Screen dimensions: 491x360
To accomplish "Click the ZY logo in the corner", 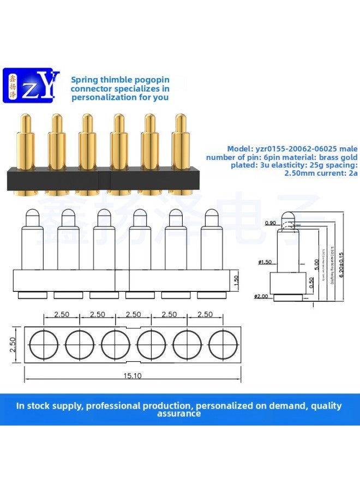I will [x=31, y=85].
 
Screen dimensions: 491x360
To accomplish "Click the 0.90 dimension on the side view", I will [x=270, y=223].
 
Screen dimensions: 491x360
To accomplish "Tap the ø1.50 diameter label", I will [x=265, y=262].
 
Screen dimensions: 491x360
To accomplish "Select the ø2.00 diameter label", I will [x=261, y=296].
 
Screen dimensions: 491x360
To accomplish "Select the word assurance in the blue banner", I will [x=179, y=414].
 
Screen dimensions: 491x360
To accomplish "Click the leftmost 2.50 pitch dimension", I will [x=61, y=315].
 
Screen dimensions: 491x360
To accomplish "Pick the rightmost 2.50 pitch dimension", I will [x=205, y=315].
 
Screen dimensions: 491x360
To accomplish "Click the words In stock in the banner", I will [x=33, y=405].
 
